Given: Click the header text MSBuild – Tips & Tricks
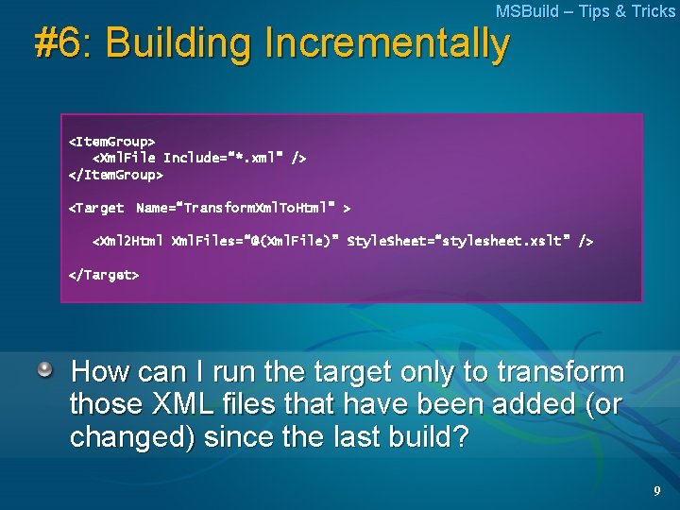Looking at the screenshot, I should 586,11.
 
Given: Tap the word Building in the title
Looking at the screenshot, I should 180,43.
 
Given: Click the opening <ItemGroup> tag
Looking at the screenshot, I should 111,141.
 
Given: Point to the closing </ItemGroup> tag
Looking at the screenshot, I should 115,175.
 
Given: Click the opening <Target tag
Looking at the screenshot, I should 96,207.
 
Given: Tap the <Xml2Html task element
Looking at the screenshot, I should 127,241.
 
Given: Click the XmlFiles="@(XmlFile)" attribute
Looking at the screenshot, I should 254,241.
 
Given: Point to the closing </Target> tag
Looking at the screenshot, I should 104,275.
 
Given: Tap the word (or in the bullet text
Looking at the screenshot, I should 599,405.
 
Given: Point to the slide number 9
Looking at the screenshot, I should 655,491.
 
